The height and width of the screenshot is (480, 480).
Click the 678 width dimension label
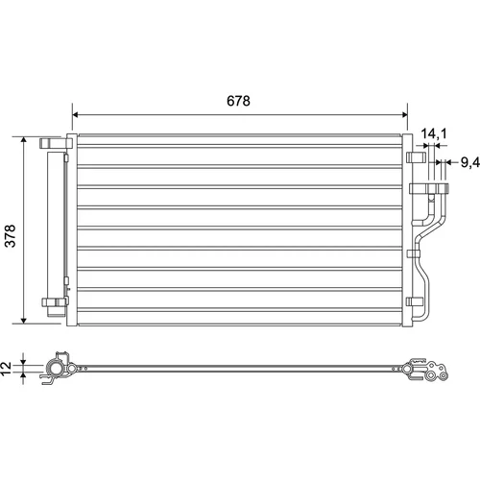pyautogui.click(x=238, y=101)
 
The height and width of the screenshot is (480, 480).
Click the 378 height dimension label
pyautogui.click(x=11, y=236)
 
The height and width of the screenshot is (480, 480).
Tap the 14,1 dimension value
pyautogui.click(x=434, y=133)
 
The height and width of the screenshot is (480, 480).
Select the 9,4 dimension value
pyautogui.click(x=470, y=162)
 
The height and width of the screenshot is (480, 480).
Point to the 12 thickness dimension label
pyautogui.click(x=6, y=369)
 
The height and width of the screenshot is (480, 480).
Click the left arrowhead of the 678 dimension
pyautogui.click(x=76, y=114)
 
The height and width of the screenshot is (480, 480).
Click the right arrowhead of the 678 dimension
pyautogui.click(x=404, y=114)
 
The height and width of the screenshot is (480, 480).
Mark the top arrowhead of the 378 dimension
pyautogui.click(x=23, y=140)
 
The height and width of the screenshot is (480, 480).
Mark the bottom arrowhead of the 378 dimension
pyautogui.click(x=23, y=320)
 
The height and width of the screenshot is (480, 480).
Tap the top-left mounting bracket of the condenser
pyautogui.click(x=56, y=143)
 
